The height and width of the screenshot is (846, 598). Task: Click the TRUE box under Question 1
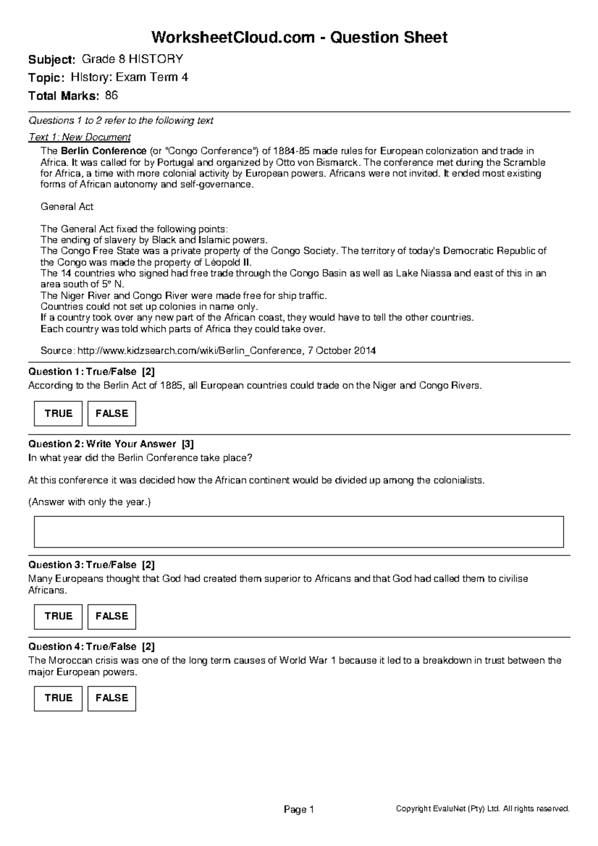58,414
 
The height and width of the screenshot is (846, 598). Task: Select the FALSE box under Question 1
112,414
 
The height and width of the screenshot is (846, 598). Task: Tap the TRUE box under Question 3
58,616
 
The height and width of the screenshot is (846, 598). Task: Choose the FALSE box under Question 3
112,616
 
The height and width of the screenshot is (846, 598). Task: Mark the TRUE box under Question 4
58,698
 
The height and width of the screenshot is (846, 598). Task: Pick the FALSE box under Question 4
112,698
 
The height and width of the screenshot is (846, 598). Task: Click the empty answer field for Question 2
299,532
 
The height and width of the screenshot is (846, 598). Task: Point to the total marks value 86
112,96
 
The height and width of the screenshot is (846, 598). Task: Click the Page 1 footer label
299,810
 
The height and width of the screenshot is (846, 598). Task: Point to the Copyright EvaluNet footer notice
482,809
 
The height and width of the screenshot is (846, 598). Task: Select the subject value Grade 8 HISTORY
132,59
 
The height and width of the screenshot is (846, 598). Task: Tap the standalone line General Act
67,207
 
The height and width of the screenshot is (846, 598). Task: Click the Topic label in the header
46,78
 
